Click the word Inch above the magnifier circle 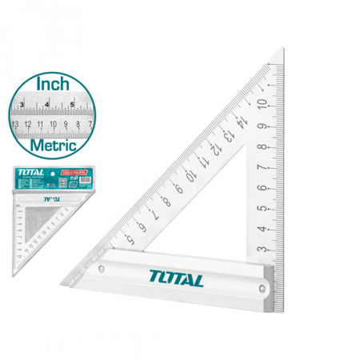(53, 82)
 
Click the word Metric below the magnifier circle (54, 146)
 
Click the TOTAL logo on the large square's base (175, 279)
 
